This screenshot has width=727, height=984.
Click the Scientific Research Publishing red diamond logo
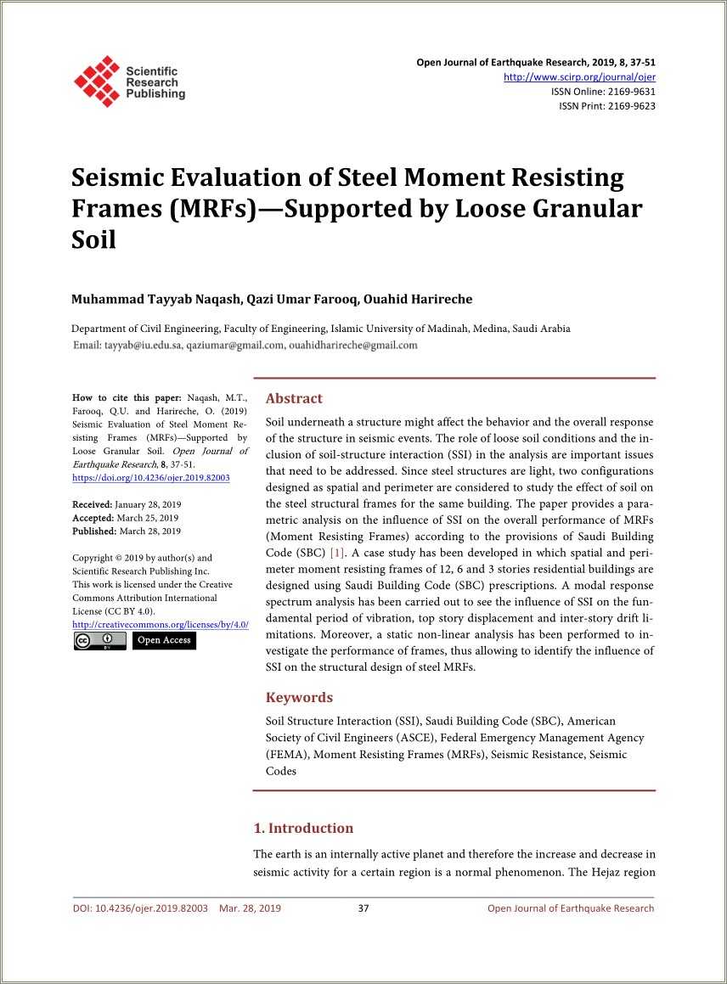[96, 82]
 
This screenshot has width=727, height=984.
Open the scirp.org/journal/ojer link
[579, 77]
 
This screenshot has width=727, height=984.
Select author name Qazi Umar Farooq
[302, 299]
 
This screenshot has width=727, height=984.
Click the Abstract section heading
[294, 398]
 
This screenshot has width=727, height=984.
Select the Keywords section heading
[299, 697]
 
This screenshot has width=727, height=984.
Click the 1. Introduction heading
[303, 828]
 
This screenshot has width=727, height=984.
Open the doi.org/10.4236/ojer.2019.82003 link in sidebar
[151, 478]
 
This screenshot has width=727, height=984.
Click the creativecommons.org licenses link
[161, 625]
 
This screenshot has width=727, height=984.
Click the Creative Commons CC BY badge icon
[99, 641]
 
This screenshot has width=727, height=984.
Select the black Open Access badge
[164, 641]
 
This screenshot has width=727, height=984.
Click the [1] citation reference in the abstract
[338, 553]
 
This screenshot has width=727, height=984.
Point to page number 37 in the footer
[363, 908]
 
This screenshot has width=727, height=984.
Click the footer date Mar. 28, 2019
[250, 908]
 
